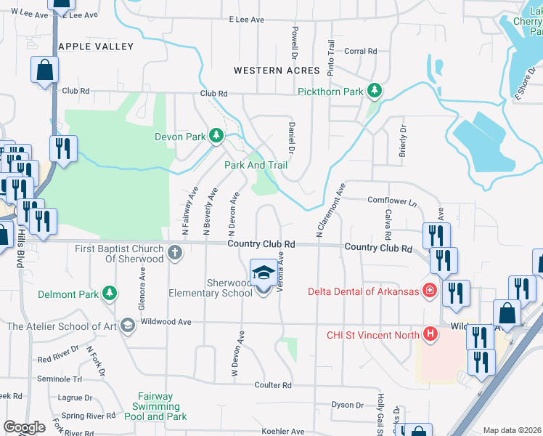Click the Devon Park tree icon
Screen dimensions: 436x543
[216, 136]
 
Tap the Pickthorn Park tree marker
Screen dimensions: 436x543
[375, 92]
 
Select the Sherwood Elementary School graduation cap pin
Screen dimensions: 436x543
[262, 273]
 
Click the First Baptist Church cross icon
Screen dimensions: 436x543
[174, 253]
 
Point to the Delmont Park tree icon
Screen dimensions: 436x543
[109, 293]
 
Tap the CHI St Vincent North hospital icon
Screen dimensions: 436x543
[430, 335]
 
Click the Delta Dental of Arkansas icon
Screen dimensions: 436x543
[430, 291]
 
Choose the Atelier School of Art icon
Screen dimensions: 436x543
[128, 326]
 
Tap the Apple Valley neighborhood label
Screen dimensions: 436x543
[96, 47]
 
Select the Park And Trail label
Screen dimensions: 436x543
[256, 165]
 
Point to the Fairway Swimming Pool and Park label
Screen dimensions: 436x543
[155, 406]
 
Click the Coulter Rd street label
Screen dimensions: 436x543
[273, 385]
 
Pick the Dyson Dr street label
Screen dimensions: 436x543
[347, 405]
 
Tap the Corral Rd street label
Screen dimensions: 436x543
[361, 52]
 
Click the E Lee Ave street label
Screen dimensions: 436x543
[246, 20]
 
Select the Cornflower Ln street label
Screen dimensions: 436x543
[393, 201]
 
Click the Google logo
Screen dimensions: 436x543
[24, 427]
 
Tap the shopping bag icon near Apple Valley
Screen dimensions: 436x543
[44, 70]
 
